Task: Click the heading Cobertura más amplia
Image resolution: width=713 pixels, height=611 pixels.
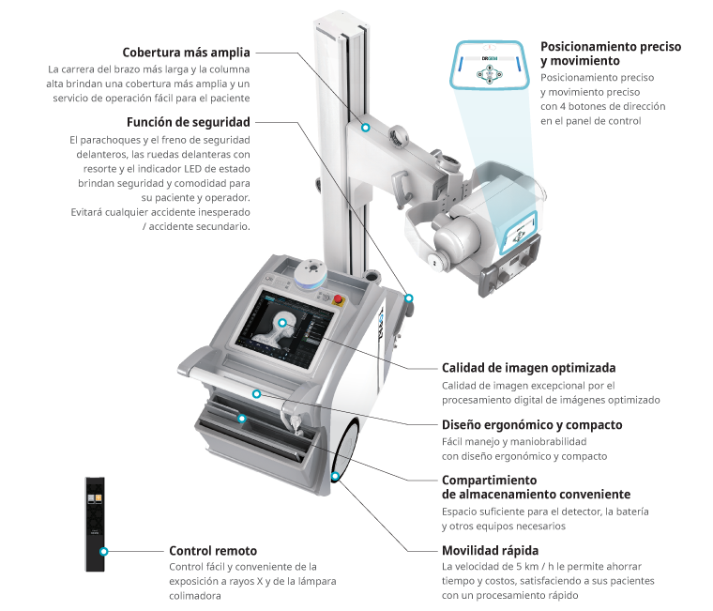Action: pyautogui.click(x=186, y=53)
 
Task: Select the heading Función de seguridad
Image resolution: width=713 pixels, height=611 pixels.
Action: pyautogui.click(x=189, y=122)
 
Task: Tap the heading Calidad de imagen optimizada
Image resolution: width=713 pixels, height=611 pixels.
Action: pyautogui.click(x=529, y=368)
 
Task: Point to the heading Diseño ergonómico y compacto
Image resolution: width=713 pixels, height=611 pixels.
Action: pyautogui.click(x=532, y=425)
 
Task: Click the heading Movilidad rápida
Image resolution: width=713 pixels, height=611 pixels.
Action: pyautogui.click(x=490, y=551)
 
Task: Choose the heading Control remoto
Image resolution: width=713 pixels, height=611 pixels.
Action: pyautogui.click(x=213, y=551)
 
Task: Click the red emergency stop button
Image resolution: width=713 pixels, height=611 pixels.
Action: pyautogui.click(x=338, y=298)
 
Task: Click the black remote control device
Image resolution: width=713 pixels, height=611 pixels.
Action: pyautogui.click(x=95, y=524)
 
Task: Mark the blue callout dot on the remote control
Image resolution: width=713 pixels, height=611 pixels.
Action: pyautogui.click(x=104, y=551)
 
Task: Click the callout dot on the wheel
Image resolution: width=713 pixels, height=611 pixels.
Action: pyautogui.click(x=335, y=477)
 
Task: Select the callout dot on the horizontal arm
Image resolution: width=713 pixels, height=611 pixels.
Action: pyautogui.click(x=365, y=128)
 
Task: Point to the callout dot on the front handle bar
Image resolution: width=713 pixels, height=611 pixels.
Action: pyautogui.click(x=257, y=394)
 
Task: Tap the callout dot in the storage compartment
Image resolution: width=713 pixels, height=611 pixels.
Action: pyautogui.click(x=242, y=418)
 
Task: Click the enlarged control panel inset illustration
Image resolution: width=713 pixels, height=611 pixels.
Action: pyautogui.click(x=490, y=64)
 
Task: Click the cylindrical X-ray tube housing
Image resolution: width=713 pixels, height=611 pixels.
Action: pyautogui.click(x=455, y=237)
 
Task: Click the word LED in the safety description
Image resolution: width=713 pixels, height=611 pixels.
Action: pyautogui.click(x=193, y=169)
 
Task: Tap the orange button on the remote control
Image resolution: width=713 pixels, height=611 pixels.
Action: pyautogui.click(x=99, y=498)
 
